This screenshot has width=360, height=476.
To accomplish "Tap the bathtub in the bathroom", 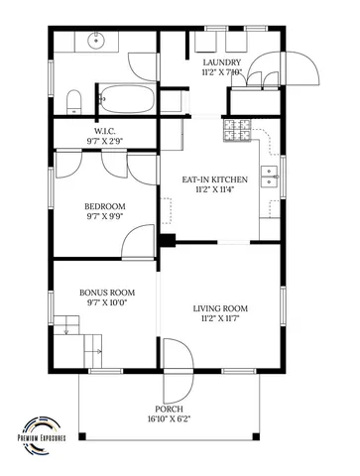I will (126, 101).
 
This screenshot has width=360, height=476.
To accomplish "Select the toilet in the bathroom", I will (72, 100).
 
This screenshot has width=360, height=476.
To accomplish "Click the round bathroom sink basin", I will (98, 43).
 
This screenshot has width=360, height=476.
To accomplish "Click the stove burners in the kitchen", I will (239, 127).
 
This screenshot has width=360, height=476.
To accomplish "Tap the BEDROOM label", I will (106, 207).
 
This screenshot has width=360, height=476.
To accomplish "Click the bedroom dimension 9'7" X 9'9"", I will (106, 217).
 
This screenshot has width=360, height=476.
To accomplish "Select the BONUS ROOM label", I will (106, 294).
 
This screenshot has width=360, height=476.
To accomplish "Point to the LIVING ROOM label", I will (219, 308).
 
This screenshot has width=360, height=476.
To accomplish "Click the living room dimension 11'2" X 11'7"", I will (219, 319).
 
